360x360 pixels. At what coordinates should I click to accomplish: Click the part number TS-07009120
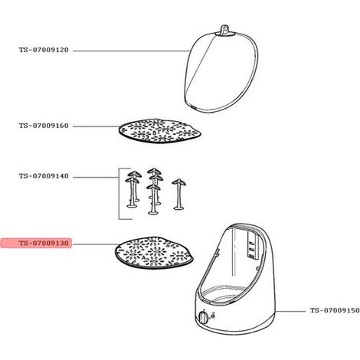pos(44,50)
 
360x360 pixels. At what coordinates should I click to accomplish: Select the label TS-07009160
pos(44,126)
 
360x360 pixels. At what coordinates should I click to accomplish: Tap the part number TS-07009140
pos(44,176)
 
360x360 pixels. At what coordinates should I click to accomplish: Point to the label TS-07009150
pos(335,310)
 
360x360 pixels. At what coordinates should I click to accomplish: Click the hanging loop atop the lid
pos(224,29)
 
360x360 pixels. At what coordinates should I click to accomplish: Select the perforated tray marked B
pos(160,130)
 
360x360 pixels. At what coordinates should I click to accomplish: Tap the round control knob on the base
pos(204,318)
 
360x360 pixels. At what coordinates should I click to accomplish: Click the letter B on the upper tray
pos(154,133)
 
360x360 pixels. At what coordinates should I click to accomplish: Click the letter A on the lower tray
pos(143,258)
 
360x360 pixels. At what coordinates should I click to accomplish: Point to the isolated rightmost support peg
pos(178,195)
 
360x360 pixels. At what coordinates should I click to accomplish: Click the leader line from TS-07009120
pos(131,51)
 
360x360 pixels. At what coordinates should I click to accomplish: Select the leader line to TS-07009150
pos(290,311)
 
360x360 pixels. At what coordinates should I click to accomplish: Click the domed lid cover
pos(221,71)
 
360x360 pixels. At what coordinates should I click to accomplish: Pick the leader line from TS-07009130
pos(95,244)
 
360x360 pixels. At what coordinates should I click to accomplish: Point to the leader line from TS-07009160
pos(97,126)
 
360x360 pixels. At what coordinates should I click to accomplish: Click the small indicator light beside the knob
pos(214,316)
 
